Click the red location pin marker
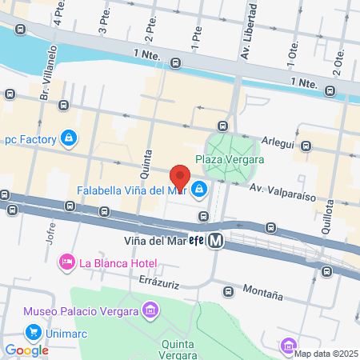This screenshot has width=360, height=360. pyautogui.click(x=180, y=177)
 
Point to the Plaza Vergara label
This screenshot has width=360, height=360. pyautogui.click(x=230, y=159)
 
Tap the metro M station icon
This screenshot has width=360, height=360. pyautogui.click(x=214, y=241)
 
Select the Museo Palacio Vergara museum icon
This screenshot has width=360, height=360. pyautogui.click(x=149, y=310)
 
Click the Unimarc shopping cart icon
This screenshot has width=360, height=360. pyautogui.click(x=33, y=331)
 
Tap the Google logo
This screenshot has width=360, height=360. pyautogui.click(x=26, y=350)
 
